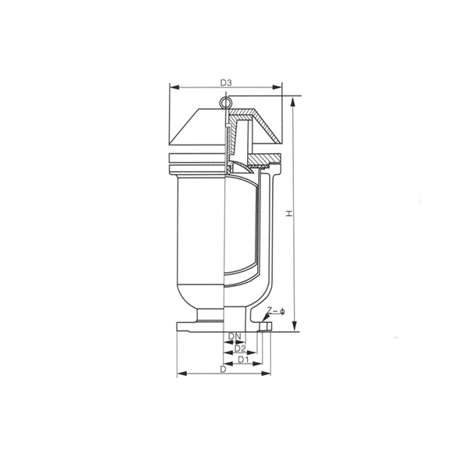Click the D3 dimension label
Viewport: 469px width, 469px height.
(x=226, y=83)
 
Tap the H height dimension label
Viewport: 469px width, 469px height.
(x=288, y=213)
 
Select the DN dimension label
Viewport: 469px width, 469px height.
(x=234, y=336)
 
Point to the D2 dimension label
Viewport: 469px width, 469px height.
(x=240, y=348)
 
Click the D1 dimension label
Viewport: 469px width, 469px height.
(x=243, y=360)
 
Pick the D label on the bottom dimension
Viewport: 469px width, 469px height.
(x=223, y=370)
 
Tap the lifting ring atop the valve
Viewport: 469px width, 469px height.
(x=224, y=102)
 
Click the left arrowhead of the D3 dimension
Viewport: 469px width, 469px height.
(x=174, y=87)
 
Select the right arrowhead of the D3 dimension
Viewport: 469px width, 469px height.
(x=277, y=87)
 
